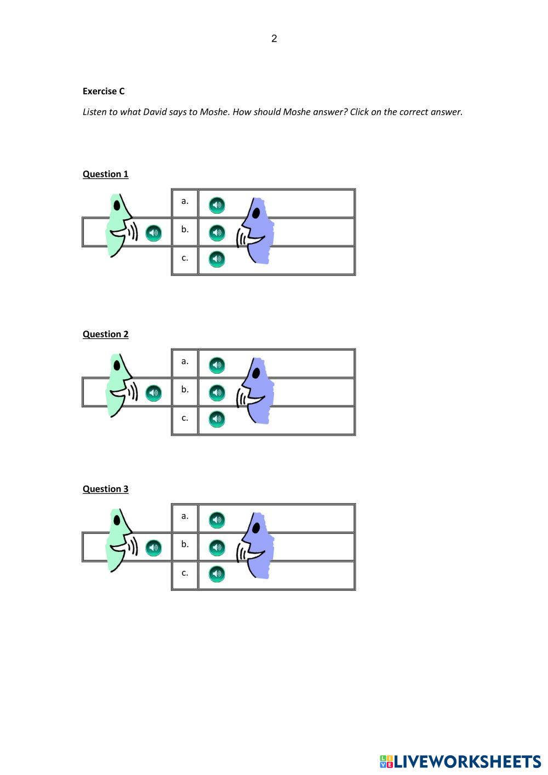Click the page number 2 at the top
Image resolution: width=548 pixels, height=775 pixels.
(274, 38)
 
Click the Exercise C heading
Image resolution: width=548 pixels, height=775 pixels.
(104, 91)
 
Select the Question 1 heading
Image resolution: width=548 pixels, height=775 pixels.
(105, 174)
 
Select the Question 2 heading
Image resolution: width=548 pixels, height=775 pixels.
(105, 334)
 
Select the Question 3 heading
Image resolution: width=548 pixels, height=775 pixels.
(105, 489)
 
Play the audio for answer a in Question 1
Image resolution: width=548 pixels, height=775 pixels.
(217, 205)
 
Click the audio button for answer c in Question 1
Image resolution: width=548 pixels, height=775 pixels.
(217, 259)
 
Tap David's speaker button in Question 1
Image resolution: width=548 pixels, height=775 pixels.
(153, 233)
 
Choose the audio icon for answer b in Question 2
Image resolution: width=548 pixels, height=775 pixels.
(217, 392)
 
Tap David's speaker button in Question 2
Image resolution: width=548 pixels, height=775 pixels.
(153, 393)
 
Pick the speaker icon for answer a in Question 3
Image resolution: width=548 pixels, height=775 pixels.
(217, 520)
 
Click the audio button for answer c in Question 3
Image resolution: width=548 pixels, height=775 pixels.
(217, 574)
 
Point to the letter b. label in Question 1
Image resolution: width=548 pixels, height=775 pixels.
(185, 229)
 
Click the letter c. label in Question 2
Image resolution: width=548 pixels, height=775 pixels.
(185, 418)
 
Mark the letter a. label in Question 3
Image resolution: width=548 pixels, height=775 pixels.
(185, 516)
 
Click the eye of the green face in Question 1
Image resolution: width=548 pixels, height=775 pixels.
(117, 206)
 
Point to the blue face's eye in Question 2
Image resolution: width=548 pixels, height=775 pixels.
(255, 373)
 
